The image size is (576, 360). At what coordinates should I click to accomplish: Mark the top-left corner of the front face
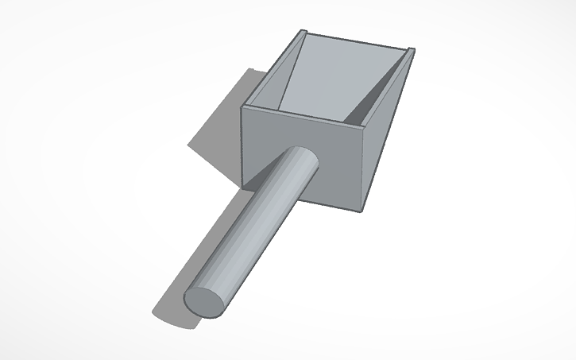click(x=243, y=106)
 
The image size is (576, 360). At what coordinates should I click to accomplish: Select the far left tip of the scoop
click(x=303, y=32)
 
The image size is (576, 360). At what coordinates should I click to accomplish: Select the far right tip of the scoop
click(x=413, y=51)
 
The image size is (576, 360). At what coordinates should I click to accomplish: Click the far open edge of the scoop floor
click(x=358, y=43)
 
